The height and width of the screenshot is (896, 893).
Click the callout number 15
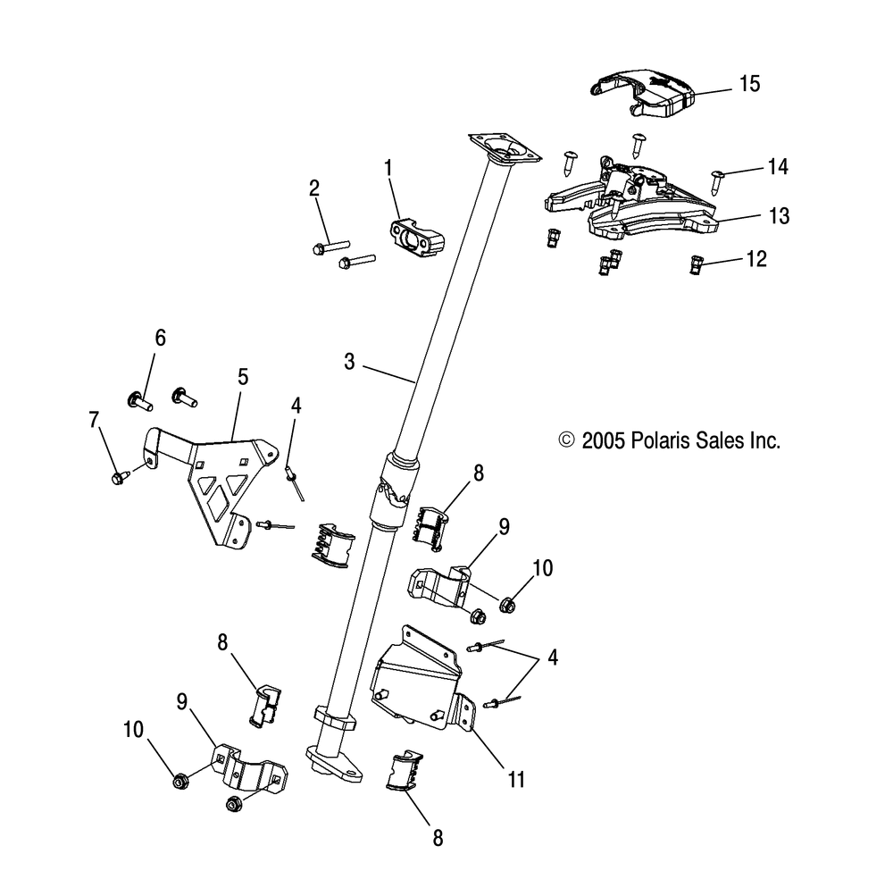[749, 85]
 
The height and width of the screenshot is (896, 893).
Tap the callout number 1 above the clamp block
[388, 166]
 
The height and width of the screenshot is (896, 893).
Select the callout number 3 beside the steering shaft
[349, 362]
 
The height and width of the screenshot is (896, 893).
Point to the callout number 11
[516, 780]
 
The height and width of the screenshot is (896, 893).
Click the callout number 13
[755, 216]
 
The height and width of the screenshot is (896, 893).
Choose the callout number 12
[755, 259]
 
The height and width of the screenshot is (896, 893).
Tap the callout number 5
[242, 377]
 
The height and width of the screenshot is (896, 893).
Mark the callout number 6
[161, 338]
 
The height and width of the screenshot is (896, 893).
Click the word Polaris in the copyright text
[661, 440]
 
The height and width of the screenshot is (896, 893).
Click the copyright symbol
[565, 440]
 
